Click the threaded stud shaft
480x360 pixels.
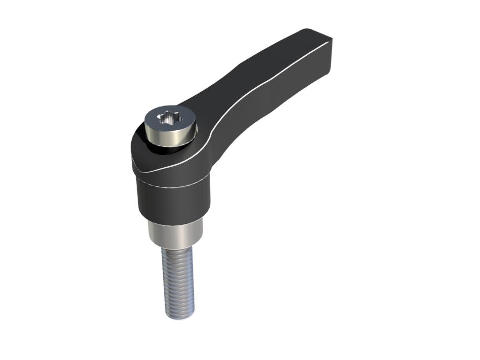click(177, 281)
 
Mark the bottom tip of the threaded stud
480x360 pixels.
click(178, 317)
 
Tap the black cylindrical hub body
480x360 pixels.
click(173, 202)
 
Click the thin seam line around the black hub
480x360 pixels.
click(173, 187)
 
